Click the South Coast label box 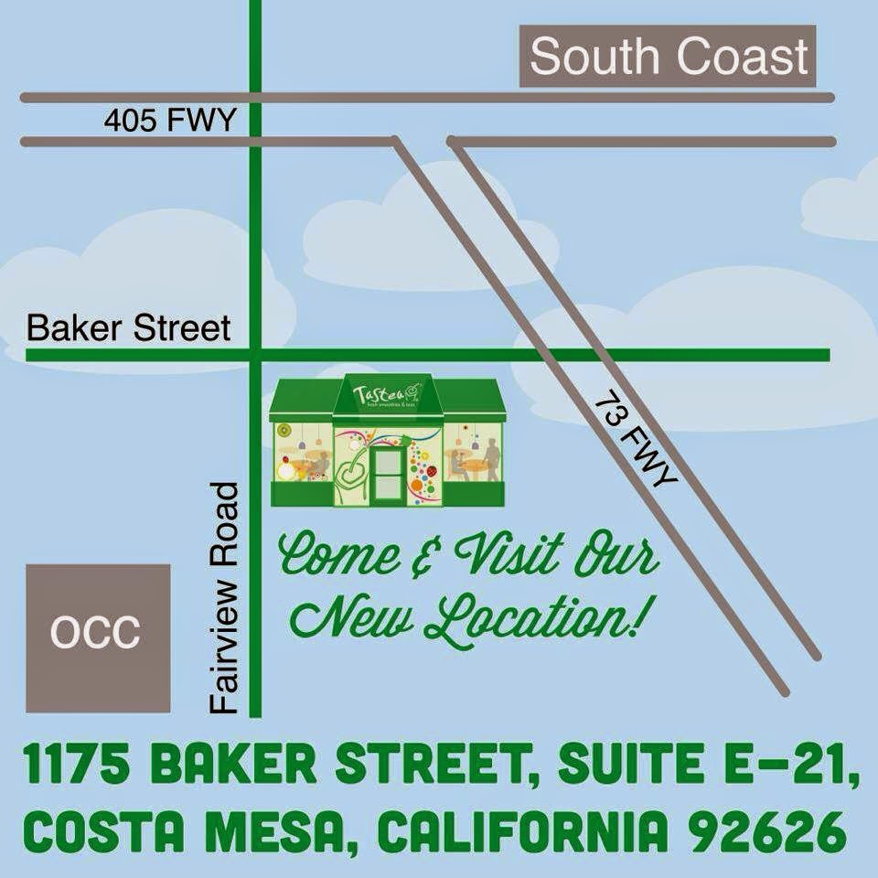(669, 57)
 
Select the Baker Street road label (129, 328)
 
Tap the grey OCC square (97, 637)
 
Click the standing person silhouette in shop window (492, 457)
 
